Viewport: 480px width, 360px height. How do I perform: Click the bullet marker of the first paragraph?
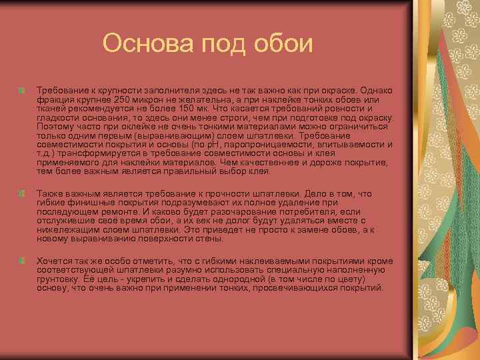pyautogui.click(x=23, y=89)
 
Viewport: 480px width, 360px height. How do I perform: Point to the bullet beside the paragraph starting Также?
pyautogui.click(x=23, y=194)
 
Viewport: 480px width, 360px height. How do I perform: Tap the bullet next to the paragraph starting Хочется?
pyautogui.click(x=23, y=261)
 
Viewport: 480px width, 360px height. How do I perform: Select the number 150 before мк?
pyautogui.click(x=181, y=109)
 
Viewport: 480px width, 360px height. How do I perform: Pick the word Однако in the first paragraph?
pyautogui.click(x=377, y=89)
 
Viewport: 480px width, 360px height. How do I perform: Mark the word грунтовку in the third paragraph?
pyautogui.click(x=58, y=279)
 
